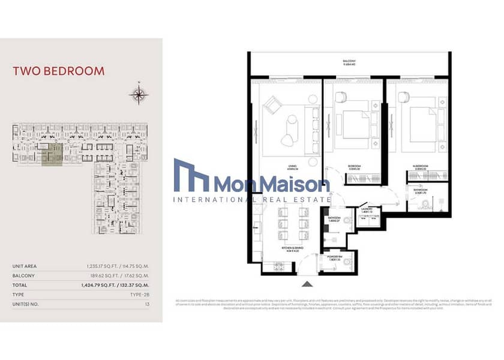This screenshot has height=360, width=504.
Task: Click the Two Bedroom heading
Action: coord(59,71)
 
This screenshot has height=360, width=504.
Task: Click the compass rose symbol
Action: coord(138,94)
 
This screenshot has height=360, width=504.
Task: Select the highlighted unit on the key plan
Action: coord(52,154)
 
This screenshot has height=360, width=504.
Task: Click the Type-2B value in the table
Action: coord(139,295)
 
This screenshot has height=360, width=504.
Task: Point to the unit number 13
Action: coord(146,304)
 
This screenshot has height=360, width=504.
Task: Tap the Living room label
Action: coord(293,169)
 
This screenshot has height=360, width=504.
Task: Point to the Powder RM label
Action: coord(335,258)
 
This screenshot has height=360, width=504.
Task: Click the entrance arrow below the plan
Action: coord(307,284)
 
